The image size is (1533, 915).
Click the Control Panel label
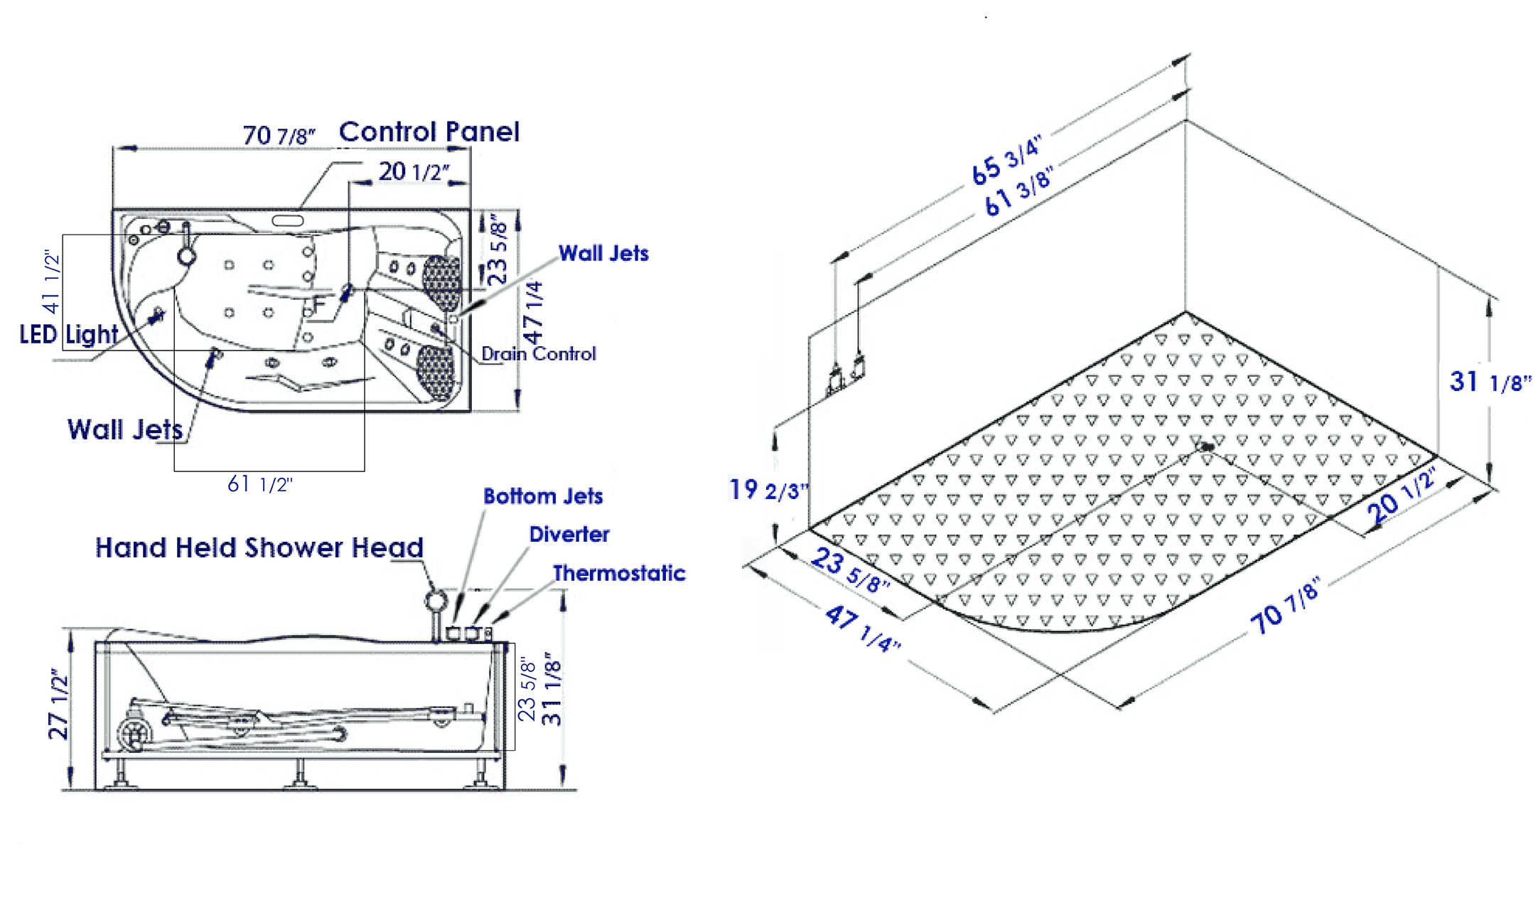click(429, 132)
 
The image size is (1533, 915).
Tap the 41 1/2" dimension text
click(52, 282)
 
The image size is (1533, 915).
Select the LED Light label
click(68, 334)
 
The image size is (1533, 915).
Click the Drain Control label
click(538, 354)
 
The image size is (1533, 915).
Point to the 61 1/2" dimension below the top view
click(259, 485)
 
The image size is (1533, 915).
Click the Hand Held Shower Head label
click(259, 548)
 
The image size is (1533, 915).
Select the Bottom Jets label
click(543, 496)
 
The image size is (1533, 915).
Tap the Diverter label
click(569, 535)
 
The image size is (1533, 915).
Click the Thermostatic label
click(619, 573)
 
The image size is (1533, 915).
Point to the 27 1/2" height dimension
click(58, 704)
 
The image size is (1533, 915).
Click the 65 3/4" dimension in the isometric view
click(1006, 160)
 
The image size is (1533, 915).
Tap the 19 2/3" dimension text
click(768, 490)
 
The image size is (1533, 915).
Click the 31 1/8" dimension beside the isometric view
click(1490, 382)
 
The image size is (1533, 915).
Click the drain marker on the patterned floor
click(1205, 446)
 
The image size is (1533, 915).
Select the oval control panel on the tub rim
click(288, 221)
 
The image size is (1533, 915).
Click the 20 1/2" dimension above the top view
click(414, 172)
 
